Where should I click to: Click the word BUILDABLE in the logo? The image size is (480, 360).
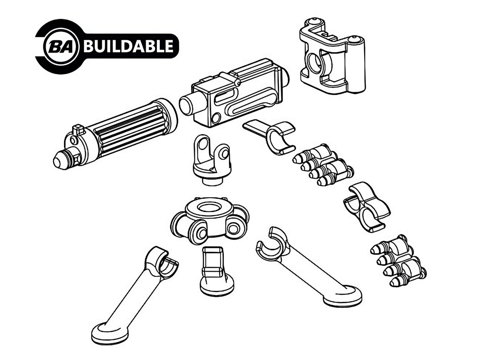pos(129,46)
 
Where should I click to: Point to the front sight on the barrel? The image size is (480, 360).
pos(78,129)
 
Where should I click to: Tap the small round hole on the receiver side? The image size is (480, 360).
pos(216,118)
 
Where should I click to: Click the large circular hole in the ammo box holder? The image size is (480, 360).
pos(315,64)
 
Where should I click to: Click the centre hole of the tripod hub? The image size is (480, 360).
pos(209,207)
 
